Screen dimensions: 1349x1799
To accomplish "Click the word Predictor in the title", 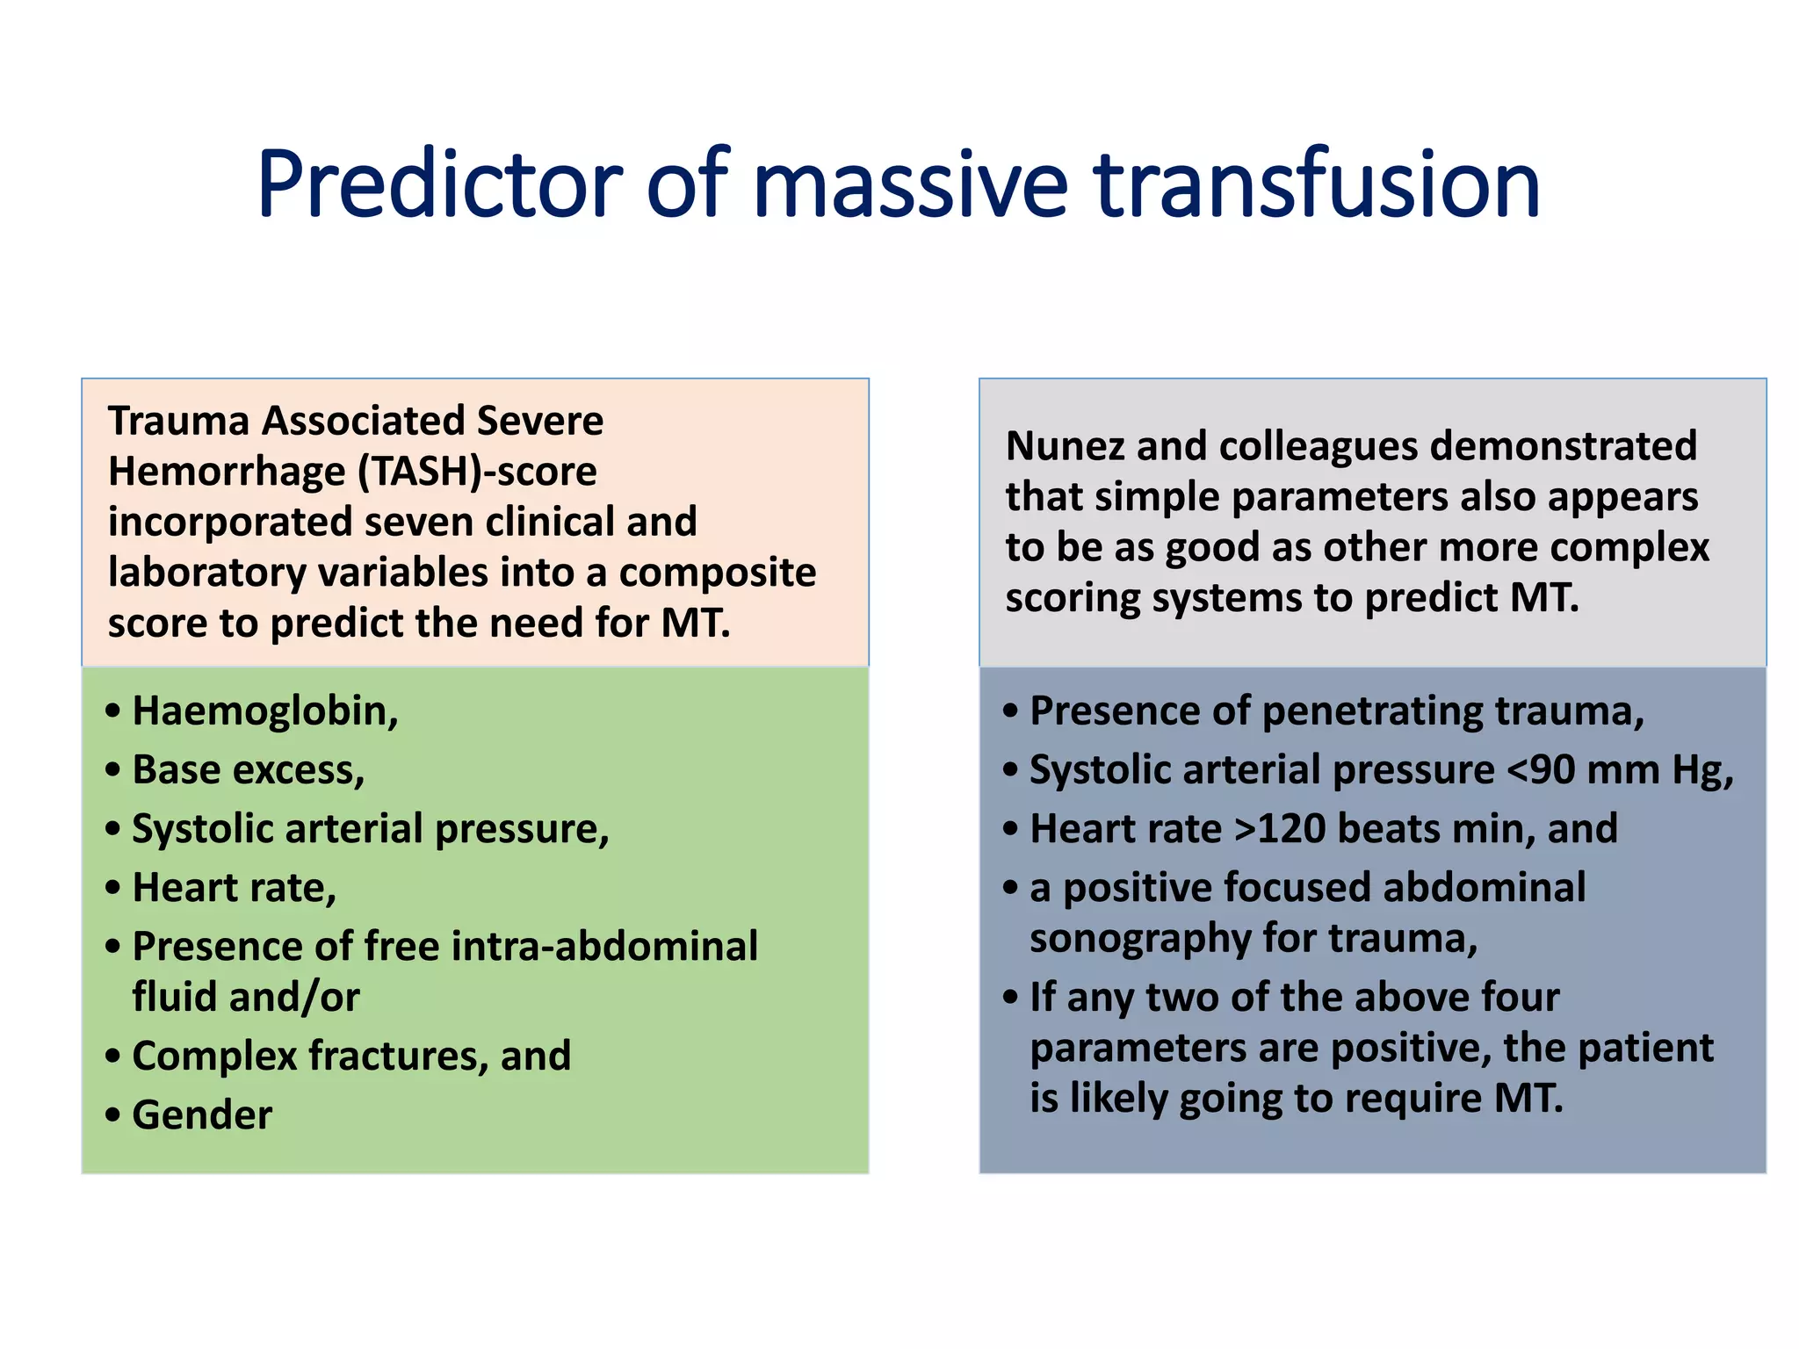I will tap(439, 184).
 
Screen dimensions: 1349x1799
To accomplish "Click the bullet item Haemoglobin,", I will tap(264, 711).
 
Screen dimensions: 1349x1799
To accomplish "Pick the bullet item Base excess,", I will tap(248, 770).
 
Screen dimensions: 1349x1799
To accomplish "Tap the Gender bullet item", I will tap(202, 1115).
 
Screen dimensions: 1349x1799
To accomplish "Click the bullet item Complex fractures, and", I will tap(351, 1057).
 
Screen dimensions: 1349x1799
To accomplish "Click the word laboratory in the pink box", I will tap(206, 574).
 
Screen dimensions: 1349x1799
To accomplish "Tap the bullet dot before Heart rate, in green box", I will tap(112, 888).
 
